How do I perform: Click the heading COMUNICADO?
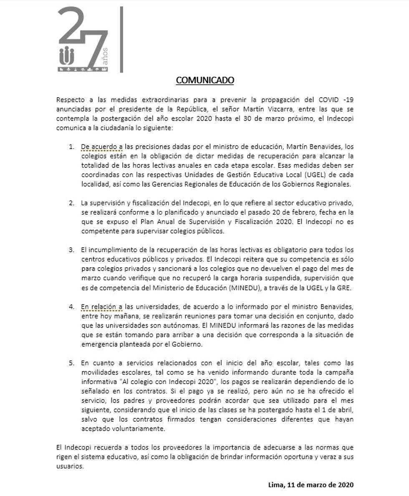point(204,80)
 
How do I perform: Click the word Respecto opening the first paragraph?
point(71,101)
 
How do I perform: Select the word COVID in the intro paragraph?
point(331,101)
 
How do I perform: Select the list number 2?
point(71,203)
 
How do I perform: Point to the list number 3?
point(71,250)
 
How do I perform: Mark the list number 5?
point(71,363)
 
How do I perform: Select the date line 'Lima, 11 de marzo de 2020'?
point(311,485)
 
